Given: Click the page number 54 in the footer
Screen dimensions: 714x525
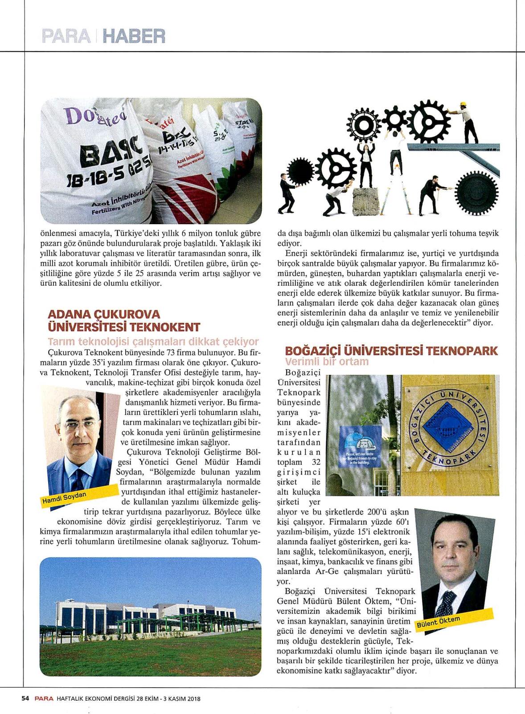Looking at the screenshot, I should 25,698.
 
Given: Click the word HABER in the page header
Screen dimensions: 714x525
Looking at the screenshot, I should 133,36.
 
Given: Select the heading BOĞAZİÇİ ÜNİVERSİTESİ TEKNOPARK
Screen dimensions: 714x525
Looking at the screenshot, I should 391,351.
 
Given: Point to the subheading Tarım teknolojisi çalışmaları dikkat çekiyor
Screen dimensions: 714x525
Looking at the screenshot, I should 153,342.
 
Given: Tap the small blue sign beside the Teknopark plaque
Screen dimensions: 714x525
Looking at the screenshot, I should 360,446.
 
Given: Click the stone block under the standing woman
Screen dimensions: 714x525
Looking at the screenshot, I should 366,201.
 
